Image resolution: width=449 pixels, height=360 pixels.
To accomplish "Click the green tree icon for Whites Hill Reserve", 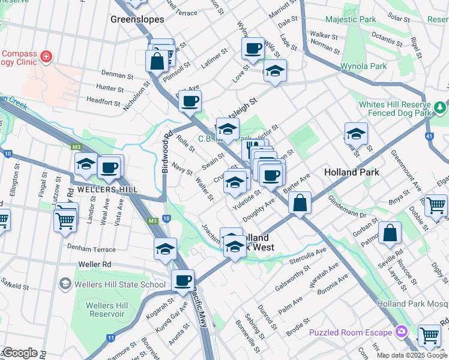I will coord(441,107).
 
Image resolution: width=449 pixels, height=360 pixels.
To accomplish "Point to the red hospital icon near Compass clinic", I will coord(46,58).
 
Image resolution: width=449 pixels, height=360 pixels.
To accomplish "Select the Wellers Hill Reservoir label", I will coord(107,310).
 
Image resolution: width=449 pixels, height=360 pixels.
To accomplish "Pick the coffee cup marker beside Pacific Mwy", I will coord(182,279).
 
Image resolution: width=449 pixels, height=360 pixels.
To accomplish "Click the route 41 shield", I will coord(429,136).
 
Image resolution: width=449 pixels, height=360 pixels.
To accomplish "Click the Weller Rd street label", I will coord(95,264).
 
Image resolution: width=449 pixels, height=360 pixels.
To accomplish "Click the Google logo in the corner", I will coord(19,353).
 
